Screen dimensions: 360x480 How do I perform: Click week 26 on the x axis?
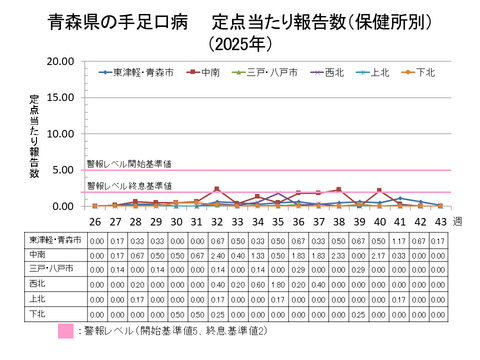point(95,221)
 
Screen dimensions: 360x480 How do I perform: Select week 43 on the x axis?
point(440,221)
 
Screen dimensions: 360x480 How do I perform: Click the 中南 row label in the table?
point(42,254)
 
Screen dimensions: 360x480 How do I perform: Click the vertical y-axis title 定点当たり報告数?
point(34,135)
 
